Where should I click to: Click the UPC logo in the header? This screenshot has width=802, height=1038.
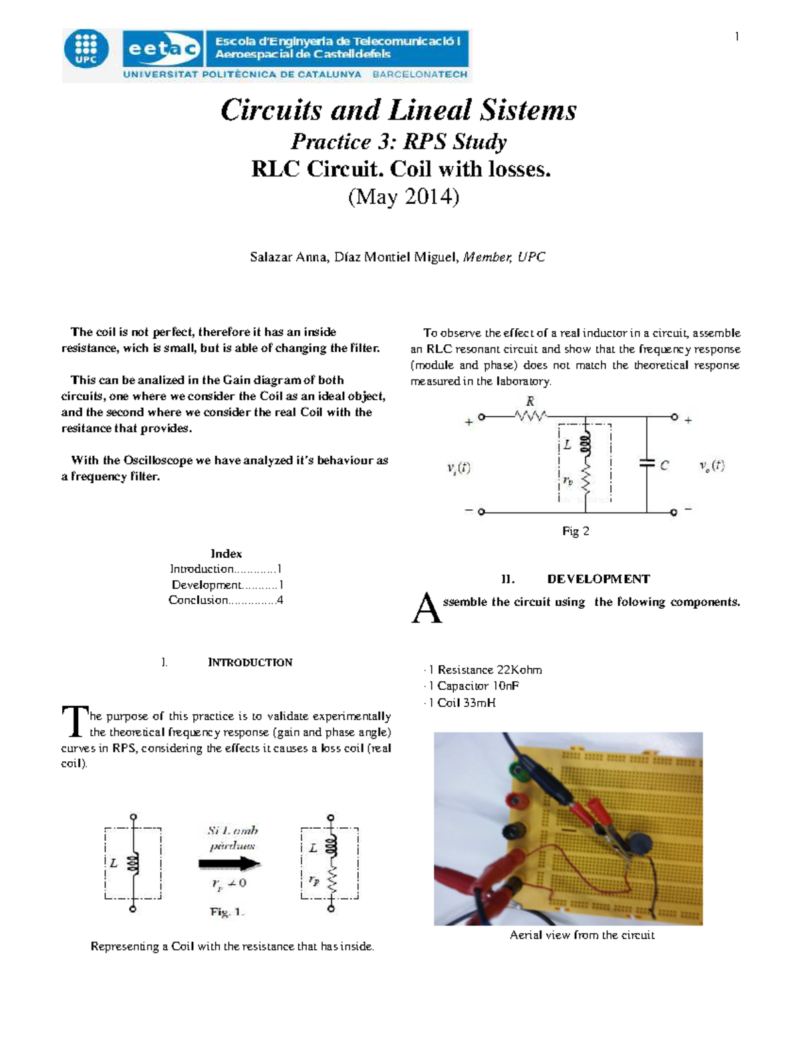click(x=86, y=49)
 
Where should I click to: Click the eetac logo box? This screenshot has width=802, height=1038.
click(x=162, y=49)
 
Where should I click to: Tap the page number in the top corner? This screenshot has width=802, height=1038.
click(x=737, y=37)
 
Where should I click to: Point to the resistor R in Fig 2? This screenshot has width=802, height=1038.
click(x=530, y=415)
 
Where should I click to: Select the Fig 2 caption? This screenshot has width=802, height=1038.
click(x=575, y=531)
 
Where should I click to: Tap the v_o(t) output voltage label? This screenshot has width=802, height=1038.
click(x=712, y=466)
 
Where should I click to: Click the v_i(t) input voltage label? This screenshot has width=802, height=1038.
click(x=458, y=468)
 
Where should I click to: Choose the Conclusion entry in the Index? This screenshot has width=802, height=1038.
click(x=225, y=600)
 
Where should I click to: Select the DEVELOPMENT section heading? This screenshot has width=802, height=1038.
click(x=598, y=579)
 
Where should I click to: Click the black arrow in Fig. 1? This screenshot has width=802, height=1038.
click(x=229, y=864)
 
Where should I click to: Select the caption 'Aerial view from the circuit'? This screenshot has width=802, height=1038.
click(x=581, y=935)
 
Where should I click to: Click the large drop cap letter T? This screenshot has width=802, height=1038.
click(x=74, y=722)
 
